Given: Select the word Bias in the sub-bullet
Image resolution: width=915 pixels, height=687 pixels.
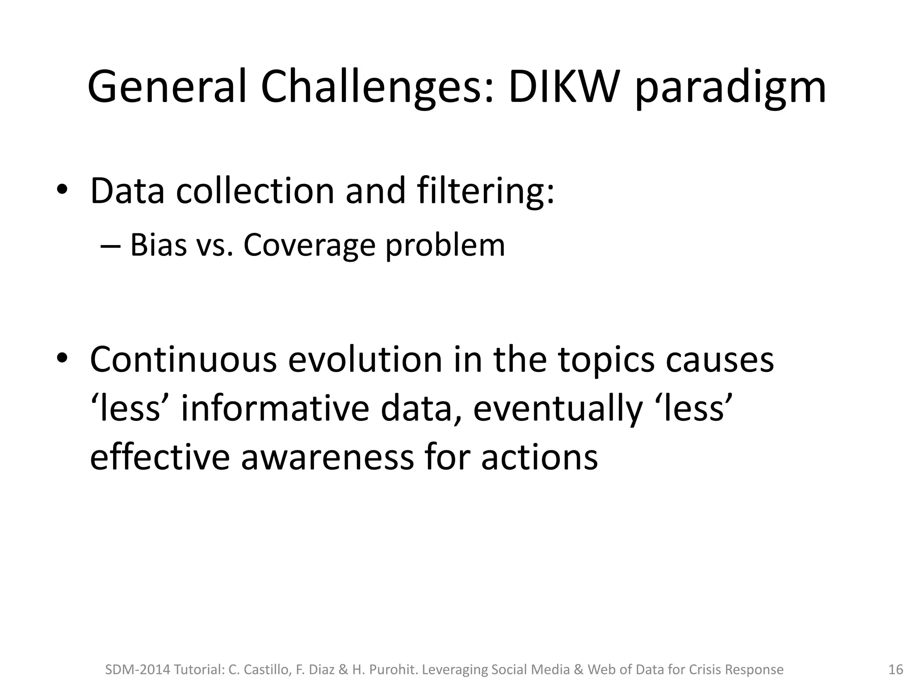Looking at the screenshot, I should coord(158,246).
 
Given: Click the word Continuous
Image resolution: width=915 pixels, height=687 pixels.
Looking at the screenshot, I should coord(183,360).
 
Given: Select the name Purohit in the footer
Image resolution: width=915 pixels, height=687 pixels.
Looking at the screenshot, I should coord(394,670).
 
